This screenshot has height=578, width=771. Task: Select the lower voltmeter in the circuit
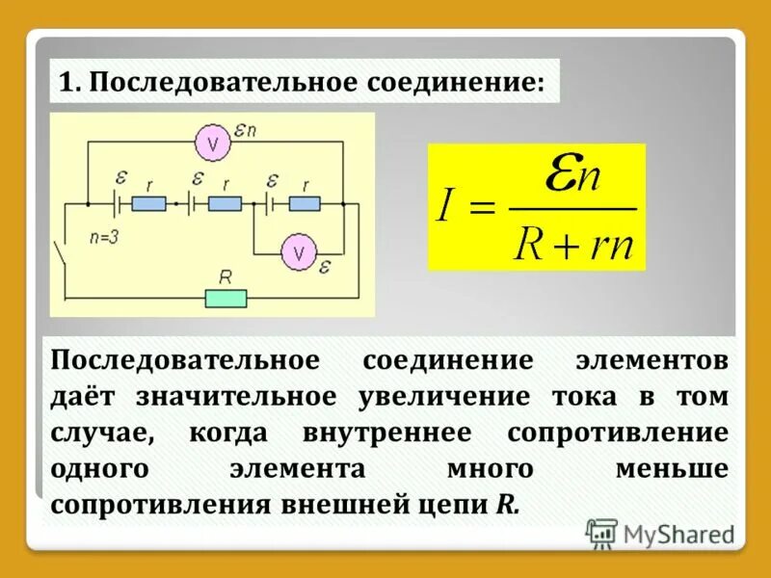coord(299,252)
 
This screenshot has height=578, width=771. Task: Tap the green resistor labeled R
coord(226,298)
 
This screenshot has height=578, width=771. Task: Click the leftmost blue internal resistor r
coord(148,203)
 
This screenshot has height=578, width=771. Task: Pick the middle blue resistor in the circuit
coord(224,203)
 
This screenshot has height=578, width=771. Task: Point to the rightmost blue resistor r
coord(303,203)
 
